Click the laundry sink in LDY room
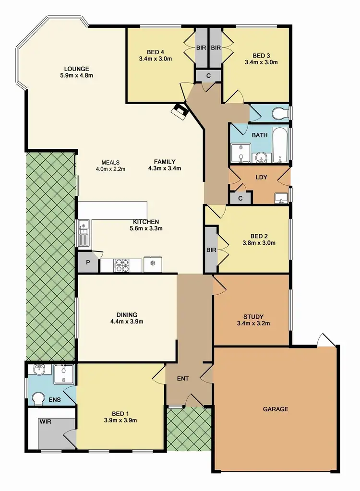pos(280,197)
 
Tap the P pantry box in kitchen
pos(88,263)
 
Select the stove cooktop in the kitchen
pos(121,264)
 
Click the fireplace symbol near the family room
pos(181,111)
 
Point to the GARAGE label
pos(276,409)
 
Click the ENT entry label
pos(183,379)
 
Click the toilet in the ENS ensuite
pos(38,398)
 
